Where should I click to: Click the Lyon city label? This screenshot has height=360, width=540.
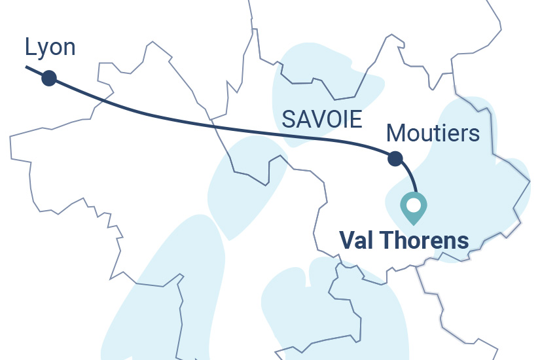pyautogui.click(x=50, y=47)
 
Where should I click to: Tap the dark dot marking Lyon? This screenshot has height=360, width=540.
pyautogui.click(x=48, y=79)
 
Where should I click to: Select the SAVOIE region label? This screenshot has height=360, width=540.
pyautogui.click(x=321, y=119)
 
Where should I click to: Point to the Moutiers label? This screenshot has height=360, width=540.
pyautogui.click(x=433, y=134)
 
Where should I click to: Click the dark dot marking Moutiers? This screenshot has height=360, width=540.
pyautogui.click(x=395, y=158)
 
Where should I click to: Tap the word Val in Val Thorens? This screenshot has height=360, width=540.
pyautogui.click(x=357, y=240)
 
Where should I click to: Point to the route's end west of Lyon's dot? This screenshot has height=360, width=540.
pyautogui.click(x=27, y=67)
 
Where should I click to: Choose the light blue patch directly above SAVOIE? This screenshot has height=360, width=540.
pyautogui.click(x=321, y=72)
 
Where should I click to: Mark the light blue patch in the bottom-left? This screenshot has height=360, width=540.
pyautogui.click(x=164, y=295)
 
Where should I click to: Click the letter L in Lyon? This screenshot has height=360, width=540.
pyautogui.click(x=29, y=47)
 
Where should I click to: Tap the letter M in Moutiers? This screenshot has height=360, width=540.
pyautogui.click(x=395, y=134)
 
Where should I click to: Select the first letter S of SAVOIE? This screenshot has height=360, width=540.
pyautogui.click(x=288, y=119)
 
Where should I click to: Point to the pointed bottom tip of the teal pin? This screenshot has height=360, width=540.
pyautogui.click(x=413, y=225)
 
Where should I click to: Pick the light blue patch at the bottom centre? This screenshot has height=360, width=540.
pyautogui.click(x=334, y=308)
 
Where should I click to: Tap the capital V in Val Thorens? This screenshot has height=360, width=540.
pyautogui.click(x=346, y=240)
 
